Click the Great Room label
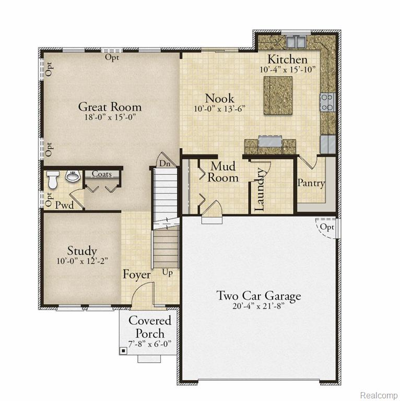click(x=110, y=107)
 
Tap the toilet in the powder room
click(x=53, y=180)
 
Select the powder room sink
click(x=73, y=176)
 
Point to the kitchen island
click(x=278, y=95)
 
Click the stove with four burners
click(x=327, y=102)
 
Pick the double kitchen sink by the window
click(x=296, y=42)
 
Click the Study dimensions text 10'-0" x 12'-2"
click(x=82, y=261)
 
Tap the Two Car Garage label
click(x=258, y=296)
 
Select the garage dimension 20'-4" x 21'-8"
click(x=258, y=306)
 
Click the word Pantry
click(x=311, y=183)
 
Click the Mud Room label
click(x=223, y=172)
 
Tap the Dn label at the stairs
click(x=164, y=163)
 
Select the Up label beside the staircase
click(x=168, y=273)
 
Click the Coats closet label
click(x=101, y=174)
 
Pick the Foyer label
click(x=137, y=275)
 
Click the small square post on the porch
click(x=123, y=351)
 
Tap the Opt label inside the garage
click(x=327, y=227)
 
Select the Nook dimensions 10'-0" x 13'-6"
click(x=220, y=109)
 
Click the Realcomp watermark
click(x=379, y=395)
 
